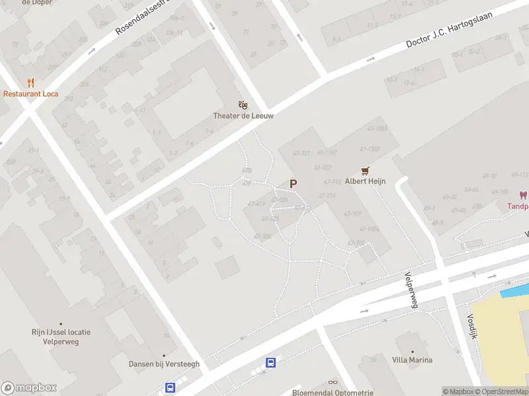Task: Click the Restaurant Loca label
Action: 30,94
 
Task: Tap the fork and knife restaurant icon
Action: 30,82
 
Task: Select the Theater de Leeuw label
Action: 243,115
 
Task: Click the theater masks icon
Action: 243,104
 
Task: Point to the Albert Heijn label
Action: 364,181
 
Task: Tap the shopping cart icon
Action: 364,170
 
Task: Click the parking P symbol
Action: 293,184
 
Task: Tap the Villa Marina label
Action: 412,360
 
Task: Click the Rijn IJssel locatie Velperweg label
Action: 61,337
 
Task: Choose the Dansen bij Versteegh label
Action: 155,364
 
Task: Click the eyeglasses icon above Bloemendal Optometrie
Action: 333,382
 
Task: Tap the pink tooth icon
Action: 523,195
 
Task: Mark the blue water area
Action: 515,290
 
